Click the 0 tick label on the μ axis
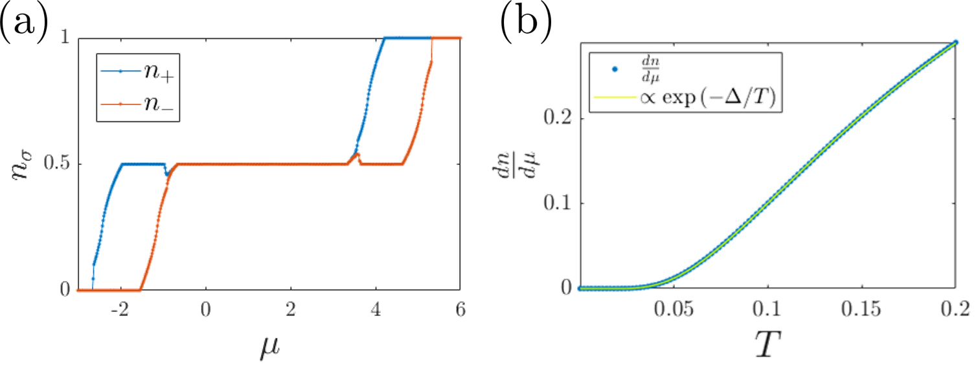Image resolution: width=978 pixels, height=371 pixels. coord(205,310)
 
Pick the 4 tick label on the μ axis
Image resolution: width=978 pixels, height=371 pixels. coord(376,310)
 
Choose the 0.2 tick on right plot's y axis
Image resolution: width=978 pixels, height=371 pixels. coord(557,119)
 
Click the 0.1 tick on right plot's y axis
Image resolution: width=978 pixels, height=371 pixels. coord(557,203)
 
